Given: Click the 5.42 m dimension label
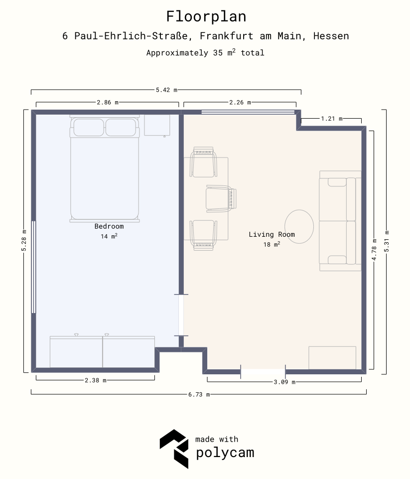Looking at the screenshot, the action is [166, 90].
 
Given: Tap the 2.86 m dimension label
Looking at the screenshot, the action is [108, 102].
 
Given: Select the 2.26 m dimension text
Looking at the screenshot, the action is [240, 102].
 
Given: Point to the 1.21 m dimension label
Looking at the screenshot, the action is [332, 119].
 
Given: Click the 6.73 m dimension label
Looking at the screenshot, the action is [199, 394].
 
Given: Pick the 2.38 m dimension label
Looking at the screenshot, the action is [96, 380].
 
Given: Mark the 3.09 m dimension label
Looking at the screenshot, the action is [284, 382].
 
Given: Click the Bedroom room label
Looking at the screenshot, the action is [109, 226].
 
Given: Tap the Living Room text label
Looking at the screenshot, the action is [272, 234].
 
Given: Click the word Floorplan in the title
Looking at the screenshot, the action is [206, 16].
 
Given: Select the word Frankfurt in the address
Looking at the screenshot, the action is [227, 36].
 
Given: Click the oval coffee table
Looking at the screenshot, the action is [299, 227].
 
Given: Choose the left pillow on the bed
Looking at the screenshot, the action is [89, 128].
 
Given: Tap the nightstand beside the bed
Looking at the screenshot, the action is [157, 125].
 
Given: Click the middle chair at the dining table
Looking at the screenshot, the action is [221, 198].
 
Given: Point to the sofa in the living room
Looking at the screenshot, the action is [340, 221].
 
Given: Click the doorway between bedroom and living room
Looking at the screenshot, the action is [181, 315].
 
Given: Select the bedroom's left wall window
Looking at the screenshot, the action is [33, 267].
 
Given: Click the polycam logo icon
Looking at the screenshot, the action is [174, 449].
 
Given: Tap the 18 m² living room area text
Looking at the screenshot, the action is [272, 244].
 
